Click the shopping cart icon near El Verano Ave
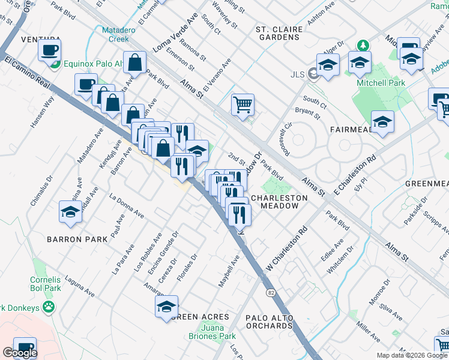[x=243, y=104]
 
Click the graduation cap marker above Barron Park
[x=70, y=212]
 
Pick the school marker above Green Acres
[x=166, y=306]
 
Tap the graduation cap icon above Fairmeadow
[x=382, y=122]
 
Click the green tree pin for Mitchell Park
[x=363, y=46]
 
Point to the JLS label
[x=297, y=74]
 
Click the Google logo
[x=20, y=353]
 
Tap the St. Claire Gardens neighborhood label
[x=277, y=33]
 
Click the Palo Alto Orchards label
[x=269, y=321]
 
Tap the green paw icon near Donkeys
[x=49, y=308]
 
